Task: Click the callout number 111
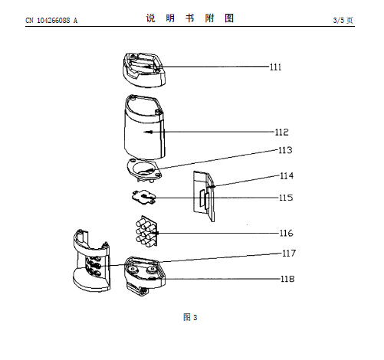click(x=276, y=67)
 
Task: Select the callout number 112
click(x=281, y=133)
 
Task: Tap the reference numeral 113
click(x=285, y=150)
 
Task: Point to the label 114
click(x=287, y=176)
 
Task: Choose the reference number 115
click(x=286, y=198)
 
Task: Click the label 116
click(x=287, y=233)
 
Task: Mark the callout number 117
click(x=289, y=254)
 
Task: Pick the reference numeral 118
click(x=287, y=279)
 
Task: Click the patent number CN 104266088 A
click(x=51, y=21)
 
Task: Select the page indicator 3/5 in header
click(x=339, y=20)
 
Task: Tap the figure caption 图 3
click(x=190, y=317)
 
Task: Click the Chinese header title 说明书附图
click(x=190, y=18)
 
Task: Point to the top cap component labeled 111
click(x=144, y=70)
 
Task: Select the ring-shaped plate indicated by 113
click(x=144, y=171)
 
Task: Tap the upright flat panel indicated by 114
click(x=204, y=196)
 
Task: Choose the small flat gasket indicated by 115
click(x=144, y=198)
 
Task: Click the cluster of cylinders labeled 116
click(x=146, y=231)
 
